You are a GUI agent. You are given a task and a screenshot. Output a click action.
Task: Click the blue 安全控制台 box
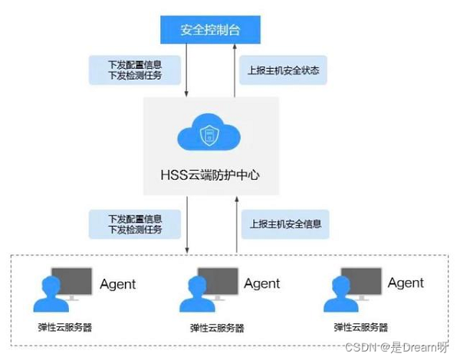(x=210, y=31)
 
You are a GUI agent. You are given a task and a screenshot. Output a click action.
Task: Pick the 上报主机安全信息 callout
(x=284, y=225)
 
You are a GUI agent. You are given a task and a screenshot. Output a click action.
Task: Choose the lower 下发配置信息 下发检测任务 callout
(x=135, y=224)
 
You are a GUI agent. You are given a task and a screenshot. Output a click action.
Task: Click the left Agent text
(x=117, y=284)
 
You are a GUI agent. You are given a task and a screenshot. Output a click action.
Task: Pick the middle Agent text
(x=262, y=284)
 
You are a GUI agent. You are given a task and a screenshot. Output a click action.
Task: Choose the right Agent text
(x=406, y=283)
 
